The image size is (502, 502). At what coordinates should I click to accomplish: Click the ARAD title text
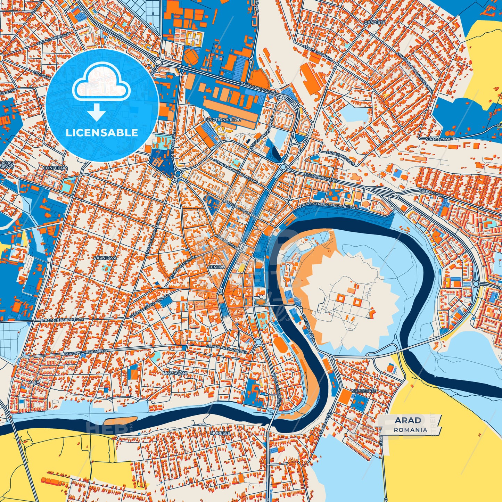[x=408, y=420]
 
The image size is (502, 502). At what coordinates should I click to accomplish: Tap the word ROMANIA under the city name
[x=411, y=430]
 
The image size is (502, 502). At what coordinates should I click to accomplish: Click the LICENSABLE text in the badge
[x=102, y=133]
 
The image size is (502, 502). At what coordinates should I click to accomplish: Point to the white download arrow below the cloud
[x=97, y=113]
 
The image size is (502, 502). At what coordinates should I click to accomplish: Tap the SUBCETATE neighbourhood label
[x=364, y=391]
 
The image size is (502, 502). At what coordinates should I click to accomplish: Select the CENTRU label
[x=216, y=267]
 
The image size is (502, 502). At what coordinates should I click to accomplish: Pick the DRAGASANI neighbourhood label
[x=175, y=373]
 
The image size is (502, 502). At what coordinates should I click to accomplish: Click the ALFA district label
[x=34, y=382]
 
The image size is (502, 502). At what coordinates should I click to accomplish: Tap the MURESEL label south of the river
[x=220, y=434]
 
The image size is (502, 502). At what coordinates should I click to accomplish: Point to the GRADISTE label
[x=375, y=22]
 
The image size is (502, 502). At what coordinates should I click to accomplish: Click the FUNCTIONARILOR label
[x=222, y=120]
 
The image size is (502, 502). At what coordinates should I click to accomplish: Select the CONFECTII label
[x=54, y=168]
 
